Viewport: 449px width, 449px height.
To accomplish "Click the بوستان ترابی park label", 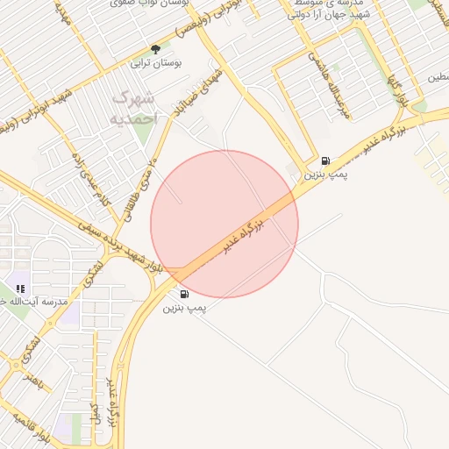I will [155, 64].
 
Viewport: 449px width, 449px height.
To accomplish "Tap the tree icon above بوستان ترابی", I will [155, 50].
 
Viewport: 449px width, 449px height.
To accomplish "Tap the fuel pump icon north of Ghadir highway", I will [326, 160].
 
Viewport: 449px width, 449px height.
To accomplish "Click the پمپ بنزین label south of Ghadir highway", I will [184, 309].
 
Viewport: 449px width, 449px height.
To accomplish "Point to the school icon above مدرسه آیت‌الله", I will [20, 288].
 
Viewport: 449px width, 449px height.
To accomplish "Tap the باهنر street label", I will [34, 381].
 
